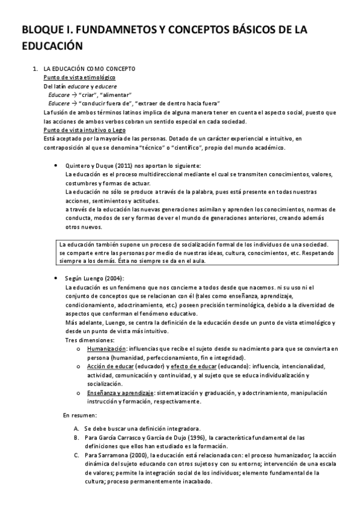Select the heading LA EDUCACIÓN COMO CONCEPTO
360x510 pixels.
pos(93,70)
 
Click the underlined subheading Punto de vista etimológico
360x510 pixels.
pos(80,78)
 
